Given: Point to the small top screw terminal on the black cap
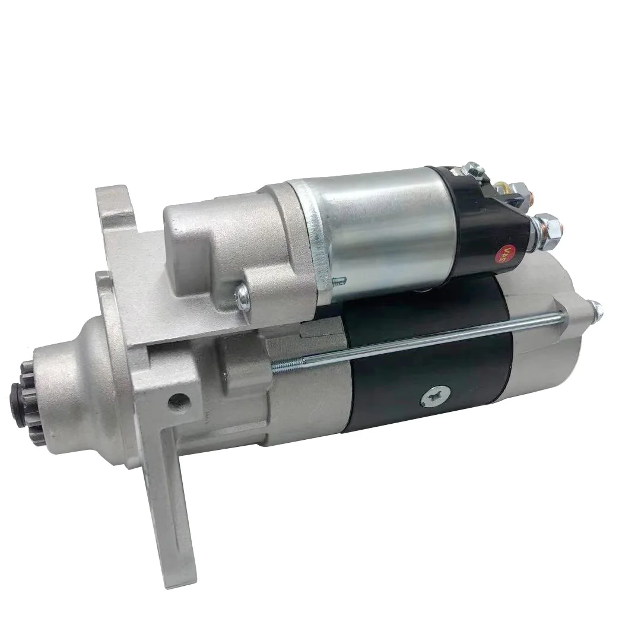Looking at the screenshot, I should point(473,172).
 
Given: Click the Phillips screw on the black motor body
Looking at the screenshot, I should point(435,396).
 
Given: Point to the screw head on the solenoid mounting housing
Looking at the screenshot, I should point(242,297).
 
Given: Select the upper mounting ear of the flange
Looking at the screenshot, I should point(113,205).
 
